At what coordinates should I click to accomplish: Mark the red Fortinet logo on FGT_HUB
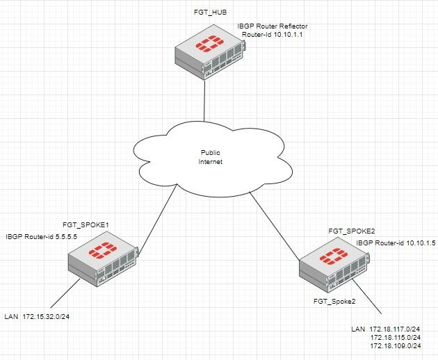208,46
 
